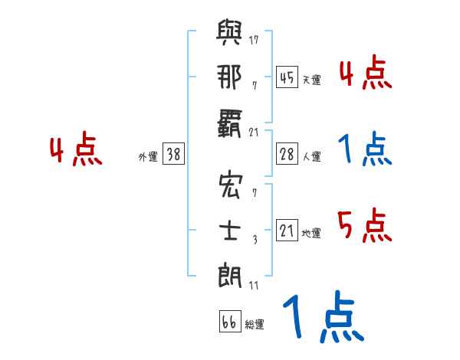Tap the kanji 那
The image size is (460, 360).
(230, 77)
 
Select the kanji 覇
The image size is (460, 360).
(230, 121)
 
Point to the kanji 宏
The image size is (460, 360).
(230, 186)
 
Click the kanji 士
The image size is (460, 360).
(230, 230)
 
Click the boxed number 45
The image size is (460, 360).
(287, 77)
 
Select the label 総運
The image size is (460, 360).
(255, 325)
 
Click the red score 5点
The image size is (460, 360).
(364, 227)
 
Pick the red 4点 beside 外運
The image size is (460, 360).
(76, 151)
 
